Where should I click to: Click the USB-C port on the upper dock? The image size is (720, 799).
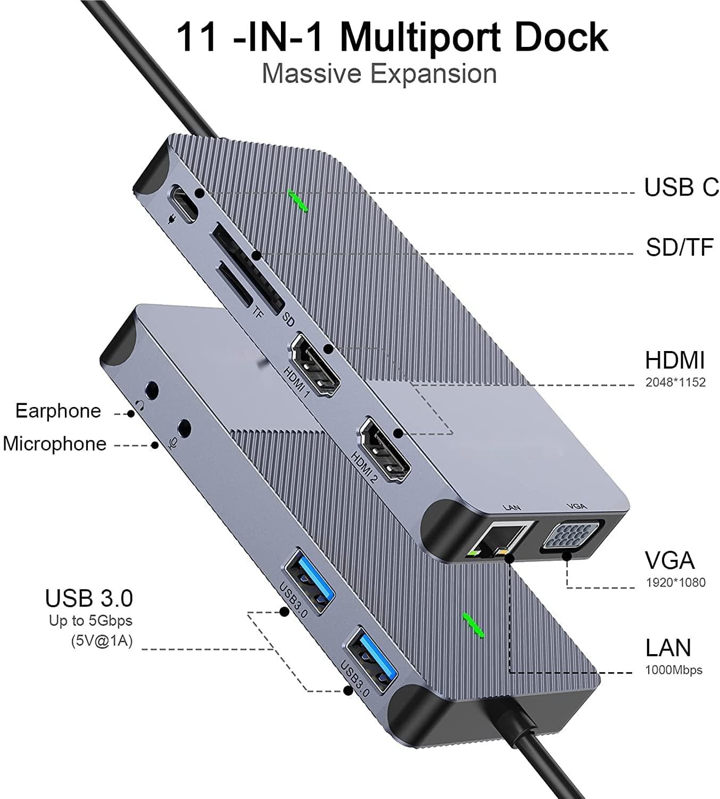[x=184, y=203]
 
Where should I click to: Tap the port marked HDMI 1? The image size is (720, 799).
[x=316, y=365]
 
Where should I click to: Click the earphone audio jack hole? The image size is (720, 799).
[x=152, y=390]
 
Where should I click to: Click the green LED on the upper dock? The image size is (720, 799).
[x=297, y=201]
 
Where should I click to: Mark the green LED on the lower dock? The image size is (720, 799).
[x=474, y=626]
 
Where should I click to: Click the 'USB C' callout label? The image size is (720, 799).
[x=681, y=187]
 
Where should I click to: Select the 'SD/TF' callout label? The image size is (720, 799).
[x=680, y=247]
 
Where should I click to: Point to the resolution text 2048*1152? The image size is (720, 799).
[x=675, y=382]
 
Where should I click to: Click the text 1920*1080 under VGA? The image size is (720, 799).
[x=675, y=583]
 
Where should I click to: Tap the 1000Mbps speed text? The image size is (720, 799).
[x=673, y=670]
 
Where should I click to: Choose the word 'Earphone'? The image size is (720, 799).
[x=58, y=411]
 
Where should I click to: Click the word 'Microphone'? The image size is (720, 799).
[x=54, y=444]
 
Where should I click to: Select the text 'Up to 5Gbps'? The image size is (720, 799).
[x=91, y=621]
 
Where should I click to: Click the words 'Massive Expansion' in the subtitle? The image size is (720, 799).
[x=379, y=74]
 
